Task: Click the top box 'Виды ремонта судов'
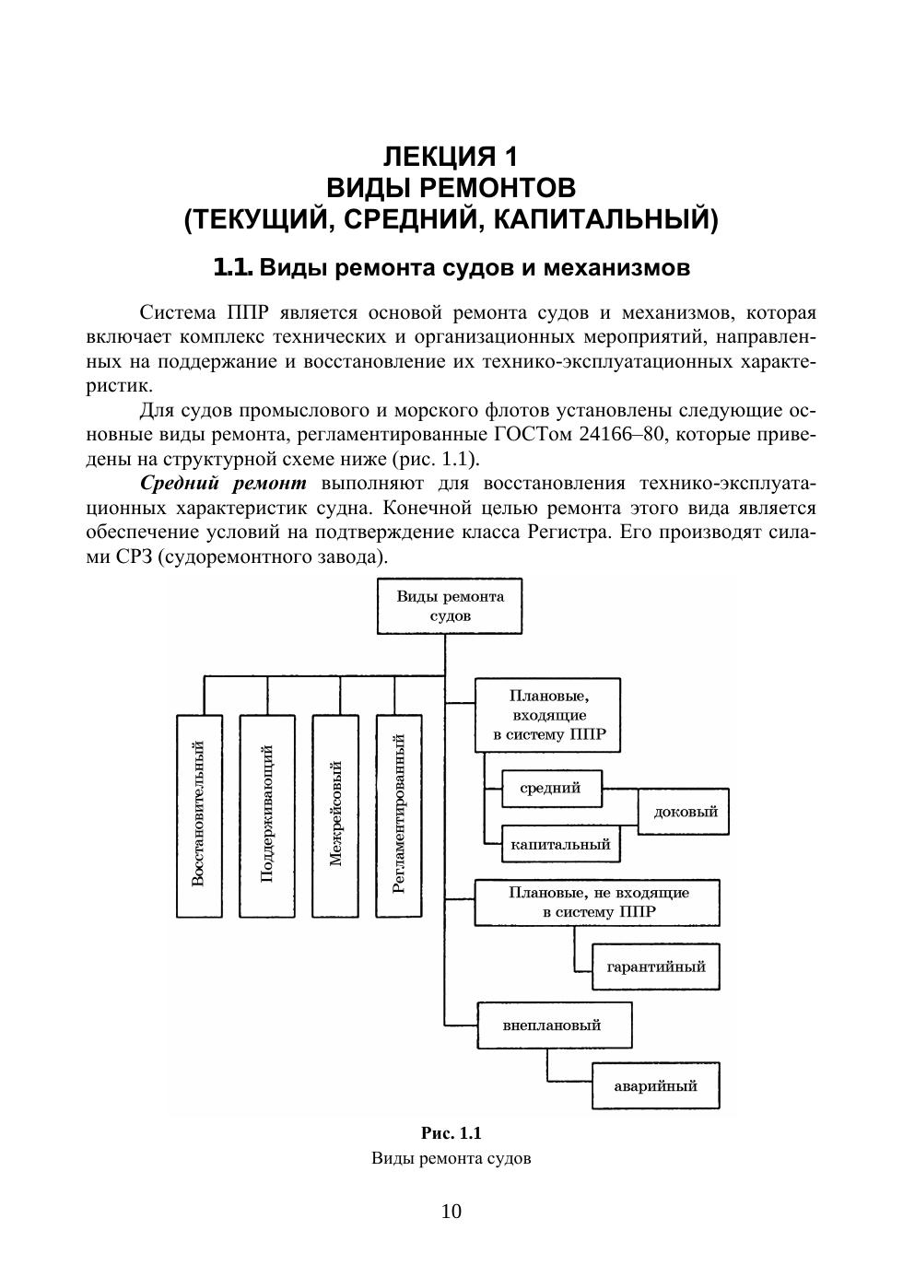tap(450, 605)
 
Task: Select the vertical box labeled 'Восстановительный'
tap(199, 815)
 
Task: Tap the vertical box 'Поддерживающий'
tap(268, 815)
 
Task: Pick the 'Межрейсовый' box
tap(335, 815)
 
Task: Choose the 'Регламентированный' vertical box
tap(399, 815)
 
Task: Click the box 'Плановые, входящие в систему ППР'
tap(548, 715)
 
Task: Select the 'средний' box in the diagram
tap(550, 789)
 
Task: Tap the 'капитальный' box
tap(560, 844)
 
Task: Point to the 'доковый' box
tap(684, 812)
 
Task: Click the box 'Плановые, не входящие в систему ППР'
tap(597, 902)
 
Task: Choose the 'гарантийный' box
tap(655, 967)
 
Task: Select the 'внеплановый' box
tap(554, 1025)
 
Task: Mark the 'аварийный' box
tap(655, 1085)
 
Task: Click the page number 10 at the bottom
tap(451, 1212)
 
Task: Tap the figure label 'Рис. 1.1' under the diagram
tap(451, 1133)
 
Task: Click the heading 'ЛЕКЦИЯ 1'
tap(451, 155)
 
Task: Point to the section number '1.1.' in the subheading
tap(232, 268)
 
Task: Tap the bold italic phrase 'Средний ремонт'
tap(224, 483)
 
